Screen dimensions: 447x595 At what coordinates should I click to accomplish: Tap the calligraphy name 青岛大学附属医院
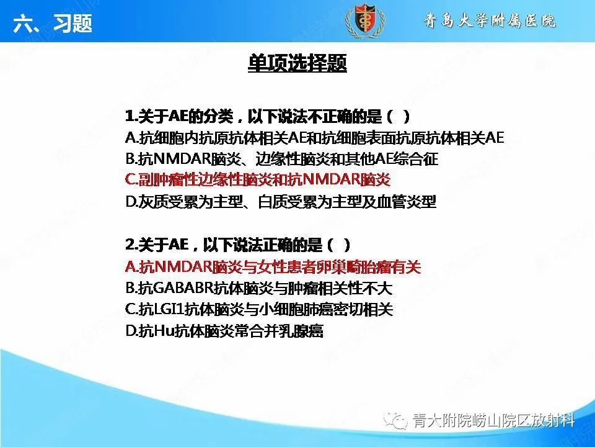(490, 22)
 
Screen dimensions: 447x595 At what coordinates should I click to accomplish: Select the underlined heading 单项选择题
(297, 64)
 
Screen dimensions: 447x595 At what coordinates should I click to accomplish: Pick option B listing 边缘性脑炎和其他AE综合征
(281, 159)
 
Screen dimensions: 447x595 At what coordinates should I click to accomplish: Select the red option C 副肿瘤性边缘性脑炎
(258, 180)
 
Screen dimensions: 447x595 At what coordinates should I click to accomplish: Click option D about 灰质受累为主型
(280, 202)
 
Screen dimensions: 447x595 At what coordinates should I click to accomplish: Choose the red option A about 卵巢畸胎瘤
(273, 267)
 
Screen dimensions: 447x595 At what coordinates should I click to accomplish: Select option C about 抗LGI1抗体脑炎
(258, 309)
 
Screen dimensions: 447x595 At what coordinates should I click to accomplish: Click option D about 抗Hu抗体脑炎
(224, 331)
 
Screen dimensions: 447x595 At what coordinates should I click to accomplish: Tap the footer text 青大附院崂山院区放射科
(492, 422)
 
